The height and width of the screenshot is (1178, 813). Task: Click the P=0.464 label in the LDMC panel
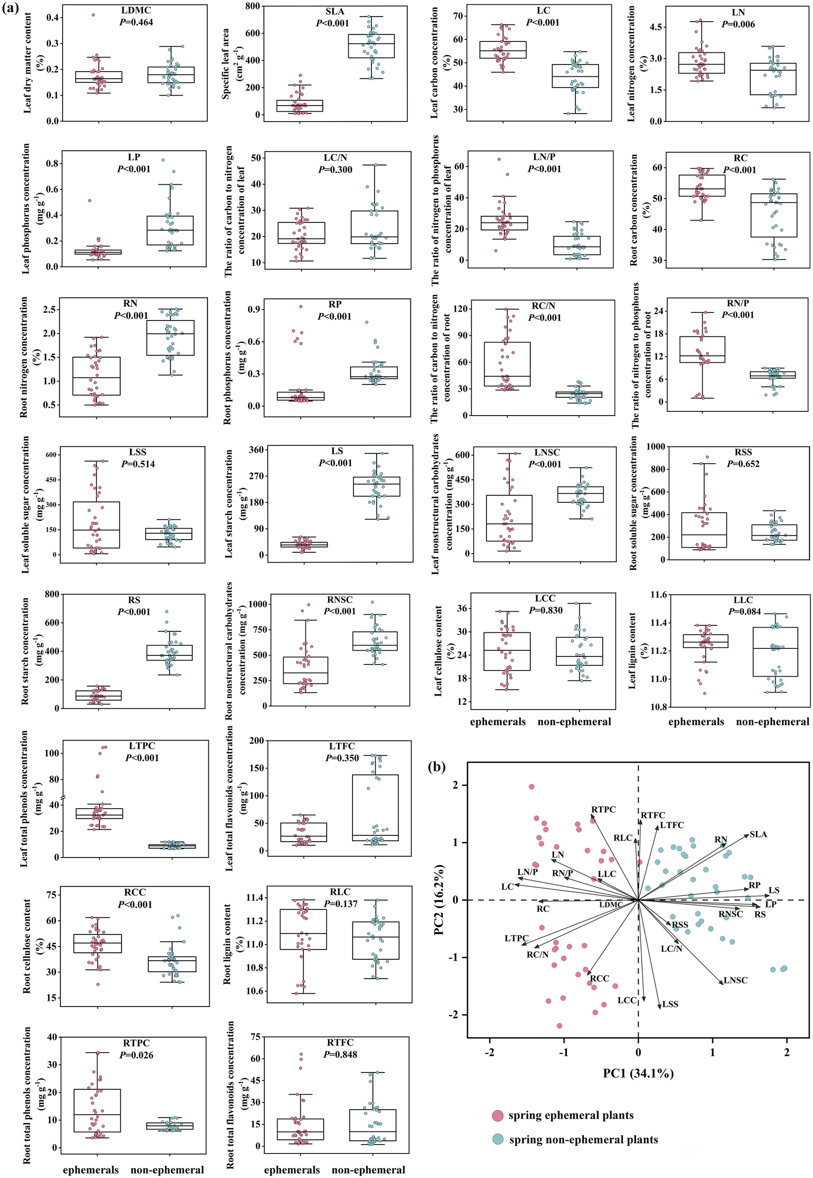coord(136,23)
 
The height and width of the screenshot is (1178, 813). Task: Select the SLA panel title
coord(335,12)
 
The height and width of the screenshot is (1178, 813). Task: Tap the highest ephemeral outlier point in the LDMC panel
coord(93,15)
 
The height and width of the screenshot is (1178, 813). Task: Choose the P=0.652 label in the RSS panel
coord(743,464)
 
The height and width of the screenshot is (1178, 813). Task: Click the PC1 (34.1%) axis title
coord(638,1073)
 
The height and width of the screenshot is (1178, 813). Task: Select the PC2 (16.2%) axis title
coord(440,900)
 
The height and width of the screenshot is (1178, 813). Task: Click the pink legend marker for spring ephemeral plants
coord(498,1115)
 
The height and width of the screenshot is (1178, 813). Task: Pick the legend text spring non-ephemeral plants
coord(583,1140)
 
